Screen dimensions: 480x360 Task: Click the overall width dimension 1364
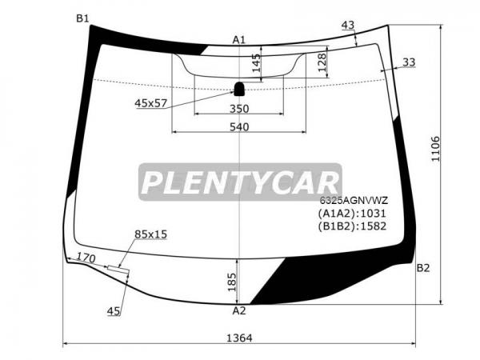point(239,338)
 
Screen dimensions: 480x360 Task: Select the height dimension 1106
point(435,149)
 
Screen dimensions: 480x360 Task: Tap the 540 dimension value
point(239,126)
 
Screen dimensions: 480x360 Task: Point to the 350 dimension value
point(239,109)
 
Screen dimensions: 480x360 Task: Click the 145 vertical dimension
point(257,62)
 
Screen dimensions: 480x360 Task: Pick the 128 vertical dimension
point(322,62)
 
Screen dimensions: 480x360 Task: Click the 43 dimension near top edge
point(348,25)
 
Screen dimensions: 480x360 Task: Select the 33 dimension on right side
point(409,62)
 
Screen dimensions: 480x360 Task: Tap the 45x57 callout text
point(151,103)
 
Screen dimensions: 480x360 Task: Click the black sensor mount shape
point(239,89)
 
